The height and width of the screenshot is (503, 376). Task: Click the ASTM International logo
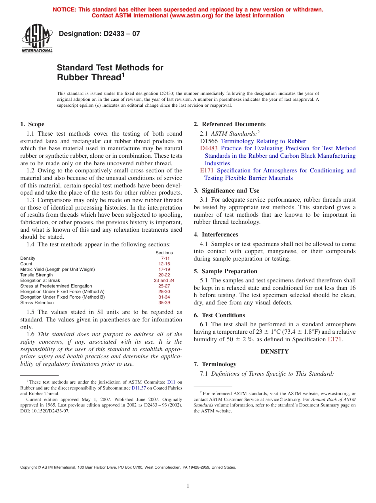click(x=37, y=39)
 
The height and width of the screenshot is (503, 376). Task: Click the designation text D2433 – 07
click(x=99, y=34)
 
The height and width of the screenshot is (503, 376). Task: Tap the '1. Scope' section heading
click(x=32, y=124)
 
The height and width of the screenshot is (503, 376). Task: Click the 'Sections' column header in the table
click(x=164, y=253)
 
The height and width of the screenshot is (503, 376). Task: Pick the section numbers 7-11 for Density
click(x=165, y=258)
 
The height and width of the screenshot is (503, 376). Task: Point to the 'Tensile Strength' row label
click(x=36, y=275)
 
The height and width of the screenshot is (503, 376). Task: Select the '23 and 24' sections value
click(x=164, y=280)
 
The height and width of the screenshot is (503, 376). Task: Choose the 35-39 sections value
click(x=164, y=303)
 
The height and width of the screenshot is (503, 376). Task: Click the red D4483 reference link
click(x=209, y=148)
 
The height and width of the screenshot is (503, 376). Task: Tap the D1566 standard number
click(x=209, y=141)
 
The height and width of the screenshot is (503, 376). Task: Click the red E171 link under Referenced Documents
click(x=207, y=170)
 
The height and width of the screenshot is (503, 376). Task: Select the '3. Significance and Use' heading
click(x=226, y=191)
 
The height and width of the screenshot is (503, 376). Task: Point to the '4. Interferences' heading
click(x=216, y=234)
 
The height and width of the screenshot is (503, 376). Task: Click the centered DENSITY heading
click(x=274, y=352)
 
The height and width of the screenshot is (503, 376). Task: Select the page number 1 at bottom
click(x=188, y=486)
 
